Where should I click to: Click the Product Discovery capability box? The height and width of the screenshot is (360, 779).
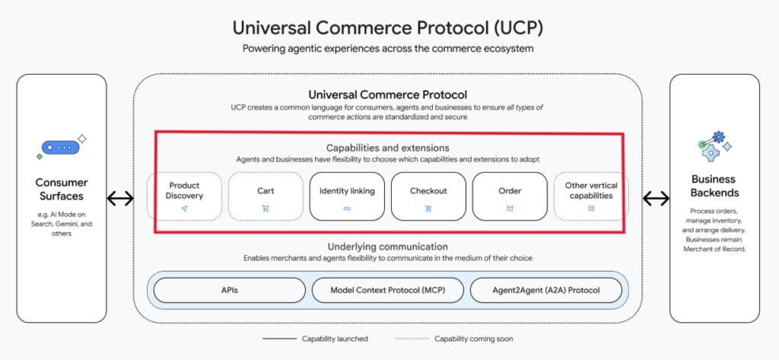pyautogui.click(x=184, y=196)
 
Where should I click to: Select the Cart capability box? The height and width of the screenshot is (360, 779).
pyautogui.click(x=265, y=196)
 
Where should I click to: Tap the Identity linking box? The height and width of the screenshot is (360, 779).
pyautogui.click(x=347, y=196)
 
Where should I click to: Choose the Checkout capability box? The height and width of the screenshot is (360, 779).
pyautogui.click(x=428, y=196)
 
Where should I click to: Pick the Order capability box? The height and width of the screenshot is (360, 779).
pyautogui.click(x=510, y=196)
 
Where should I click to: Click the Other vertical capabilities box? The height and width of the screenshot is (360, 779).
pyautogui.click(x=591, y=196)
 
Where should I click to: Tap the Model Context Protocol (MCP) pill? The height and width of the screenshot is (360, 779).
pyautogui.click(x=387, y=291)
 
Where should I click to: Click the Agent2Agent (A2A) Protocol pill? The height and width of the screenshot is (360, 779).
pyautogui.click(x=545, y=291)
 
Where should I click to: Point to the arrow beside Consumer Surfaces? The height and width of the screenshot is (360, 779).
pyautogui.click(x=120, y=199)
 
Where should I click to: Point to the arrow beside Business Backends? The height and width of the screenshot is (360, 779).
pyautogui.click(x=656, y=199)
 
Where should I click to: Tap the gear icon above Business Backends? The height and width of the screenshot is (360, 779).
pyautogui.click(x=714, y=145)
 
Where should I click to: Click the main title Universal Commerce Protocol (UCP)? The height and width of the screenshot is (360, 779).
pyautogui.click(x=388, y=28)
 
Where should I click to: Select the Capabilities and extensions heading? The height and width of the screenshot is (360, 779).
pyautogui.click(x=388, y=148)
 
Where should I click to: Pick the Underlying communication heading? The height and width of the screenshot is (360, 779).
pyautogui.click(x=388, y=247)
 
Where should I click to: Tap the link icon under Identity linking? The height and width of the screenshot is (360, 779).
pyautogui.click(x=347, y=208)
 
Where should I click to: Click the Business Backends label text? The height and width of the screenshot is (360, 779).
pyautogui.click(x=713, y=186)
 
